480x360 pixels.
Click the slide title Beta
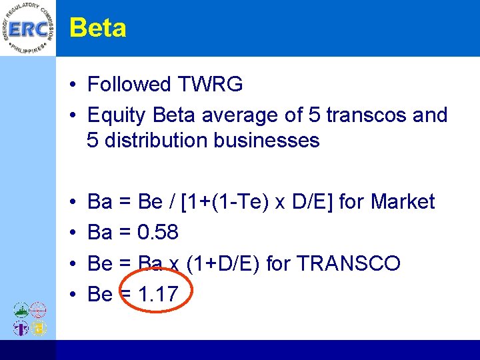(97, 28)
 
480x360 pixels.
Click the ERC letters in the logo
(27, 30)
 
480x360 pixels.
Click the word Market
(403, 201)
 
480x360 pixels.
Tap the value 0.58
(157, 232)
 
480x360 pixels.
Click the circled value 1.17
(157, 294)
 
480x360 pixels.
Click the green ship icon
(21, 311)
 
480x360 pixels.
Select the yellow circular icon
(39, 328)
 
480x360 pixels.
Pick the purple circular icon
(21, 328)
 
